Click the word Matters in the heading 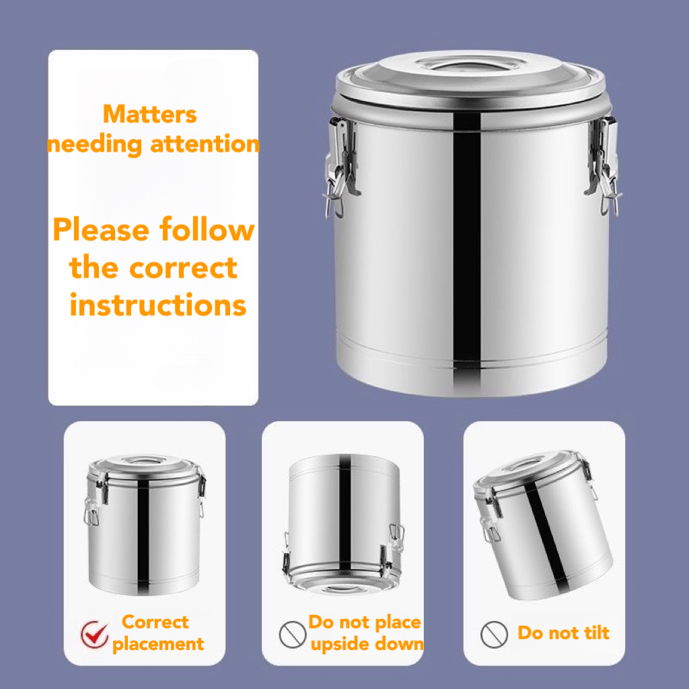(x=150, y=114)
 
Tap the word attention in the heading (x=205, y=145)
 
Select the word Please (x=101, y=230)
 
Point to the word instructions (x=157, y=305)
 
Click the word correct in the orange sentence (x=183, y=268)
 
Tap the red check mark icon (x=94, y=634)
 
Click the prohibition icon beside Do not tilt (x=494, y=634)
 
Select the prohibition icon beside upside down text (x=293, y=634)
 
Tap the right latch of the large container (x=603, y=166)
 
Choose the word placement (x=158, y=645)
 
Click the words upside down (x=367, y=644)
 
